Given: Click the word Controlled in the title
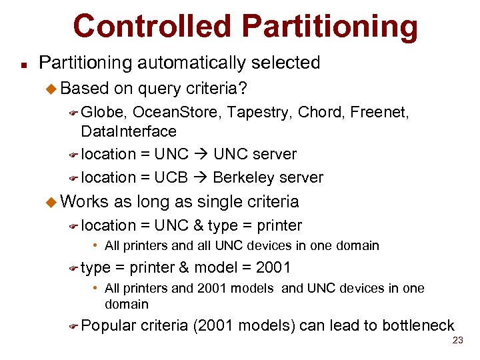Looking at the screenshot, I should tap(153, 26).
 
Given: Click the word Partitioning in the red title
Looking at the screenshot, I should tap(329, 27).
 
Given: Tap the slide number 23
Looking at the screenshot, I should tap(457, 340).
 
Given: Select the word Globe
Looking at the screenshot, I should tap(103, 113).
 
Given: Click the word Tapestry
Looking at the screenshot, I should tap(259, 113).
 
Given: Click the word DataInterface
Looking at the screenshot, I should tap(129, 131).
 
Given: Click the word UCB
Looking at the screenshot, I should tap(171, 178).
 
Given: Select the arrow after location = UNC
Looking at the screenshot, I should tap(201, 154).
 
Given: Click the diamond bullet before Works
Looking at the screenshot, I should tap(53, 201).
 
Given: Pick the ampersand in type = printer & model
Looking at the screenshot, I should tap(183, 268).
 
